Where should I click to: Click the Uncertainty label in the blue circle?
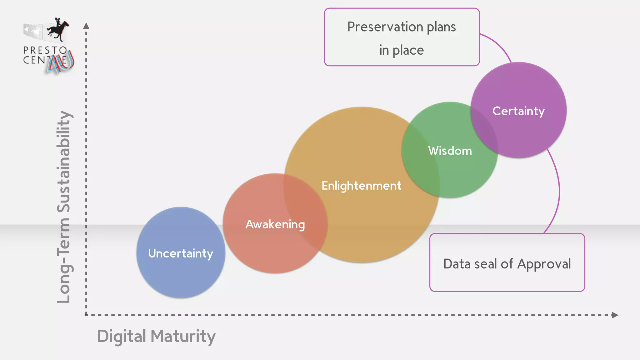tap(181, 253)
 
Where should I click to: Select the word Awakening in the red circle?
tap(275, 224)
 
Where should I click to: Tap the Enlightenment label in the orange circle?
tap(361, 186)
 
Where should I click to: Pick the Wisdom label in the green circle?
tap(450, 151)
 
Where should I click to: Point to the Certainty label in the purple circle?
tap(518, 111)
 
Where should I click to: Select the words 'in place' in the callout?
tap(402, 50)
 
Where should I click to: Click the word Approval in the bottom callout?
tap(544, 264)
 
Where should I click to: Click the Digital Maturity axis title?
tap(156, 337)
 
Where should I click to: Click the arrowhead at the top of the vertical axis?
tap(86, 26)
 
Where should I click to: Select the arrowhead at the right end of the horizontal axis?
tap(615, 315)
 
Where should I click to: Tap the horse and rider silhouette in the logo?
tap(58, 29)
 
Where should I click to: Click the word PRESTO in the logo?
tap(45, 50)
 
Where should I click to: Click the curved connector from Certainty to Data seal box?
tap(558, 191)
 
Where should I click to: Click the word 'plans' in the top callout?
tap(441, 27)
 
